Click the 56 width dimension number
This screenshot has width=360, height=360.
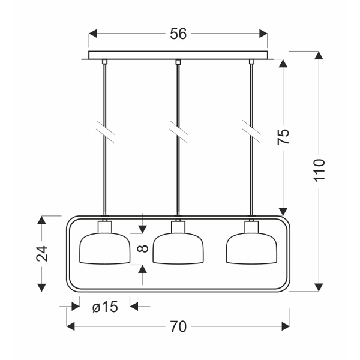[x=178, y=34]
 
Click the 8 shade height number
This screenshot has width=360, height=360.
[x=143, y=248]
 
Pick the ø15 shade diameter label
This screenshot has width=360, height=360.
[x=104, y=307]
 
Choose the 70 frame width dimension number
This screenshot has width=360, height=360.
[x=178, y=326]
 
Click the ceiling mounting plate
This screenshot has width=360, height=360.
[x=178, y=55]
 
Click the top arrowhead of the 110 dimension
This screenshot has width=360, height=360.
[x=319, y=55]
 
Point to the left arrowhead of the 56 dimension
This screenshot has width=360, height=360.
[x=93, y=34]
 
